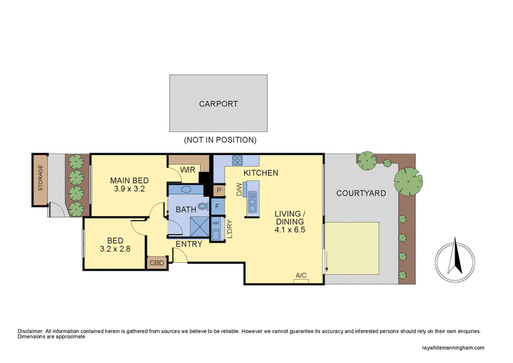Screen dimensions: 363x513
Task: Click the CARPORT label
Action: point(219,103)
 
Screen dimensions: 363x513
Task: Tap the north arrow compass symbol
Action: point(455,259)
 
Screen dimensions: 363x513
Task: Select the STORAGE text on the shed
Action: point(40,178)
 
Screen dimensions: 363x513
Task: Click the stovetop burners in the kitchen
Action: point(238,161)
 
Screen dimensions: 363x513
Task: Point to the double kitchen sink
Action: point(251,201)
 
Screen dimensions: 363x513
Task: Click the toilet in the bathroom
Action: point(203,206)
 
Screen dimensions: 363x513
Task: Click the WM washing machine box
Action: point(215,223)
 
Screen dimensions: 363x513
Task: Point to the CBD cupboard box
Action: point(156,263)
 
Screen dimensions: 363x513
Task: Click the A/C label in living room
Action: point(301,276)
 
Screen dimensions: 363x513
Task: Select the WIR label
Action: point(188,170)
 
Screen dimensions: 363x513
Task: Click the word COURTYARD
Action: point(361,193)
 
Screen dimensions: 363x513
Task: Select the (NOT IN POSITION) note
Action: point(220,139)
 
